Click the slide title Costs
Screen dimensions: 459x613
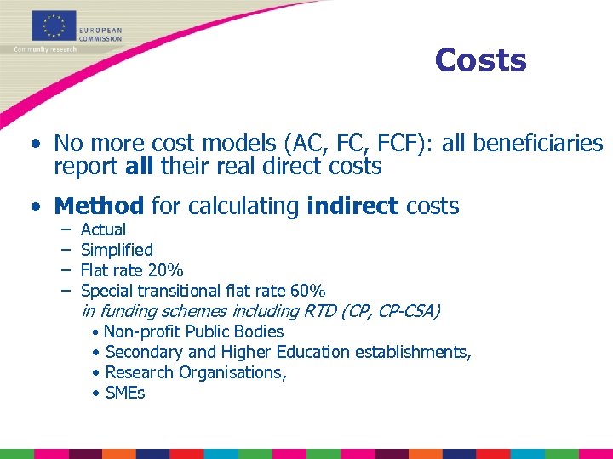(480, 60)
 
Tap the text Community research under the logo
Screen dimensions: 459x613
(45, 49)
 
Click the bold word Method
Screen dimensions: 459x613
(99, 206)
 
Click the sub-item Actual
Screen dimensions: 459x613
(103, 229)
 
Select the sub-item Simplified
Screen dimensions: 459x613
(117, 250)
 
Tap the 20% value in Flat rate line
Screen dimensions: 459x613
(164, 271)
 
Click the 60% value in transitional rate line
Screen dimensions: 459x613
(307, 292)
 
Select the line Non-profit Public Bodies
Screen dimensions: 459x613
(193, 331)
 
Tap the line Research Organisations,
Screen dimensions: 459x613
(196, 372)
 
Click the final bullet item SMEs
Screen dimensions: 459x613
(125, 393)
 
